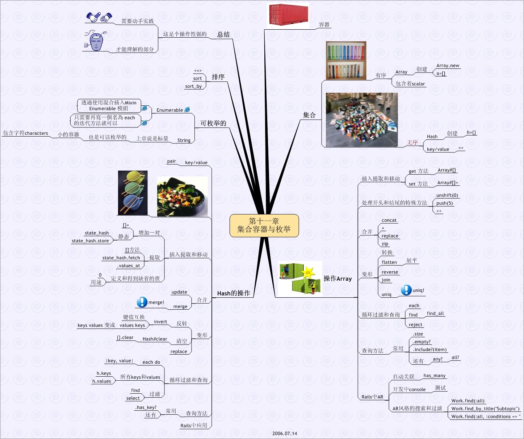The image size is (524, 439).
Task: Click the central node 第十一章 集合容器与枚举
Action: click(x=264, y=225)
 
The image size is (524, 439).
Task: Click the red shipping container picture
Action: click(x=288, y=14)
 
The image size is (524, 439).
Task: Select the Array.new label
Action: click(x=448, y=66)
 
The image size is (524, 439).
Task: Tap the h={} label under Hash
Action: click(x=471, y=133)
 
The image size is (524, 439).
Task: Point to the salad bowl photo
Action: click(x=182, y=196)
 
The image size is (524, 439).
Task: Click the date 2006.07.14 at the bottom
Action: click(x=285, y=433)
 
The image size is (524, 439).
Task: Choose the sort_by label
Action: click(x=193, y=86)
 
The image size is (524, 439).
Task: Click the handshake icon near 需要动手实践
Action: click(x=99, y=17)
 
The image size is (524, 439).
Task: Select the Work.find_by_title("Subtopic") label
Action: click(x=485, y=409)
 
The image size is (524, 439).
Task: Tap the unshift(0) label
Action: click(x=447, y=195)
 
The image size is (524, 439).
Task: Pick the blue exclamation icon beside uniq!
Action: click(x=406, y=290)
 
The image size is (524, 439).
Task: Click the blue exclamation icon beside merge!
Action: click(x=142, y=302)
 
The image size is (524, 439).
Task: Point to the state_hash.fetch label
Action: click(x=121, y=258)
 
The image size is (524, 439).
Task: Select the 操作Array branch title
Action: click(x=338, y=279)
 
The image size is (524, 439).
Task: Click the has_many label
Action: click(x=434, y=376)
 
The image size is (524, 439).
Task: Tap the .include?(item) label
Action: click(x=429, y=350)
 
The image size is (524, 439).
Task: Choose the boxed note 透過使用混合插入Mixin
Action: click(x=109, y=105)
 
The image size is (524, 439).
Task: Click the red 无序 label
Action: click(x=412, y=142)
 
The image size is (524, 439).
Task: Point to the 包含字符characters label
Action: click(x=25, y=133)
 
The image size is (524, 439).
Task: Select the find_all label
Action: click(x=435, y=313)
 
